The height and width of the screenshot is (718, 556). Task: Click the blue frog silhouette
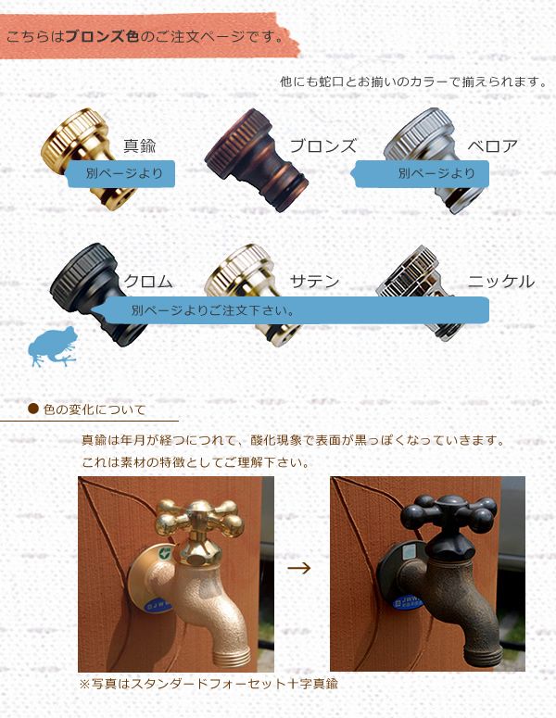coord(53,346)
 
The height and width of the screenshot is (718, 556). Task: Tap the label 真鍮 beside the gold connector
coord(140,145)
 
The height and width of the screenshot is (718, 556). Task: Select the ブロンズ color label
coord(323,146)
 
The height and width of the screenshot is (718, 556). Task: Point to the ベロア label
coord(493,146)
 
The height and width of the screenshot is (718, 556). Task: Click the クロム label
coord(148,281)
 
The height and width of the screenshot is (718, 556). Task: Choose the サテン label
coord(315,281)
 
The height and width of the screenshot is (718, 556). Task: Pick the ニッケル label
coord(501,281)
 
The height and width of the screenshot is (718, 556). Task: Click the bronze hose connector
coord(257,160)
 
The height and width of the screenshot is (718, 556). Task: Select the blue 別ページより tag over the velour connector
coord(422,173)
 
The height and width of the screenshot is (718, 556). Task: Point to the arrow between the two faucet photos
coord(299,568)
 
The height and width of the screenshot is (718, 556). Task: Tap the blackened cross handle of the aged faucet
coord(449,513)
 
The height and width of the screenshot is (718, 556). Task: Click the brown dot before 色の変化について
coord(33,409)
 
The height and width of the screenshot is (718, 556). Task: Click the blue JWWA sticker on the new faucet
coord(158,605)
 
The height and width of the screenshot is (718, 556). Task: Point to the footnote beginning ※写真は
coord(208,684)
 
